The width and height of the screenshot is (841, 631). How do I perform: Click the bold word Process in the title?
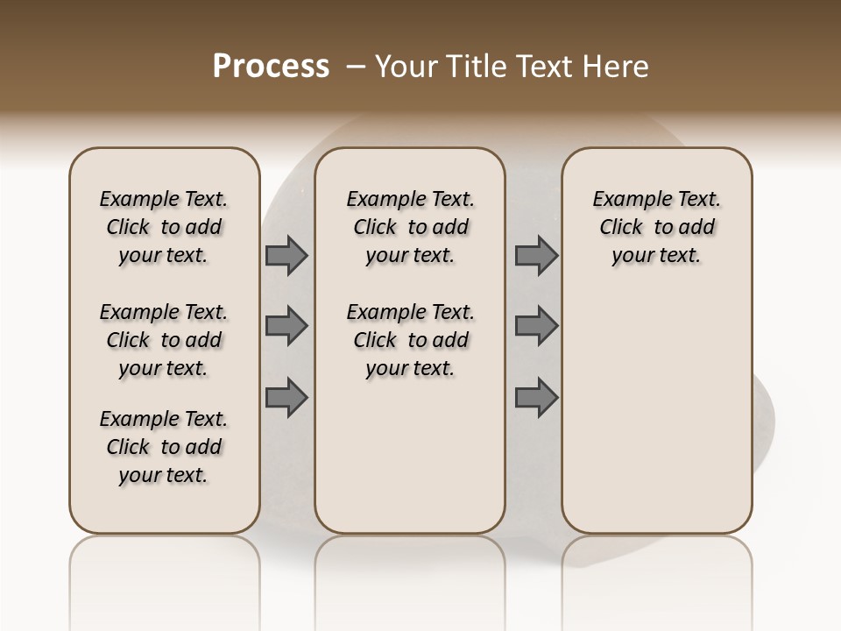[x=271, y=67]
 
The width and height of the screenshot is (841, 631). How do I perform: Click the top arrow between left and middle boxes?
[x=286, y=255]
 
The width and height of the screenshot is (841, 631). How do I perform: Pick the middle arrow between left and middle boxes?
[x=286, y=326]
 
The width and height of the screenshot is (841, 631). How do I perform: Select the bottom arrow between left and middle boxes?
[x=286, y=397]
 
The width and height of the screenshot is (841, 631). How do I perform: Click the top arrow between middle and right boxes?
[x=536, y=255]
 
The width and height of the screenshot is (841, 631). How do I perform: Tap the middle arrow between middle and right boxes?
[x=536, y=326]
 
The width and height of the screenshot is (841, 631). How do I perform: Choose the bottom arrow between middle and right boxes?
[x=536, y=397]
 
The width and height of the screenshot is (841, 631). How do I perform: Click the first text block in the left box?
[x=164, y=227]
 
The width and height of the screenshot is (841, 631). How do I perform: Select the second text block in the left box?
[x=164, y=340]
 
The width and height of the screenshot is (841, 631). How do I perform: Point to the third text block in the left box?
[x=164, y=447]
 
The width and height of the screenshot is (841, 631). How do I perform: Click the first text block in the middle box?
[x=410, y=227]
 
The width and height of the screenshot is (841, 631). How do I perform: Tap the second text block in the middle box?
[x=410, y=340]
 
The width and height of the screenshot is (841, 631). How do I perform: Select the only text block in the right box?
[x=657, y=227]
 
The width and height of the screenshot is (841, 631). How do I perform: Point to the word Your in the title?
[x=406, y=67]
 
